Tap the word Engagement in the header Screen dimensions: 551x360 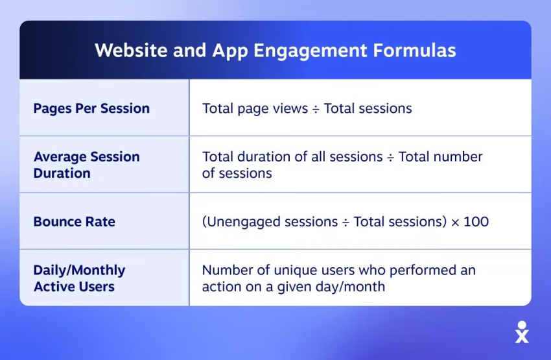click(311, 51)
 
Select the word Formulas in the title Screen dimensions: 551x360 click(415, 50)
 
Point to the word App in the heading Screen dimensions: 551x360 click(230, 51)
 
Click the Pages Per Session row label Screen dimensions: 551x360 click(91, 108)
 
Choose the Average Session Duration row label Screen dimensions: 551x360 click(86, 165)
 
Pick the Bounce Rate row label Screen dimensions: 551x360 click(74, 222)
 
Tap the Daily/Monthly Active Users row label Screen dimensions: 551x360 click(80, 278)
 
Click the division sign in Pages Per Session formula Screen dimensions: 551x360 click(316, 110)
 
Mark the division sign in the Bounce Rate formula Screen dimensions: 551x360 click(346, 222)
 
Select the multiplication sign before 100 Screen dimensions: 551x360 click(455, 222)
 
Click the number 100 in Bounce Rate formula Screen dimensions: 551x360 click(476, 222)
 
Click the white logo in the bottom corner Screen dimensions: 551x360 click(522, 332)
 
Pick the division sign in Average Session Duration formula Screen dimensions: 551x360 click(390, 158)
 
